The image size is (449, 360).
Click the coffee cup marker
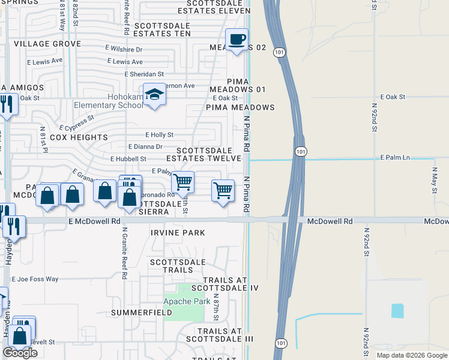pos(237,40)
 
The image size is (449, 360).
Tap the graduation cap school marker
pos(155,95)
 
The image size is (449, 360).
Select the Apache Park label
pos(187,301)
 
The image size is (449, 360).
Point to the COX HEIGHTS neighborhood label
pos(79,137)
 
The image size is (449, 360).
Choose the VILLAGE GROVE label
pos(47,44)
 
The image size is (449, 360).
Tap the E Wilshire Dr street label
pos(122,50)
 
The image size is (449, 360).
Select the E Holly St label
pos(159,135)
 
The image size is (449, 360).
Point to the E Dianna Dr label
pos(145,146)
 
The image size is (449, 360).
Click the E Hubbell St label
pos(128,158)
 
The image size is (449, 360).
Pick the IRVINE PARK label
pos(178,233)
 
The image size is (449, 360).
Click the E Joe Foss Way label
pos(35,279)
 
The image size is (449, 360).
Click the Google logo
pos(20,353)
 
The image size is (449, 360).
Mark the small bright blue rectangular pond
pos(397,311)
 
